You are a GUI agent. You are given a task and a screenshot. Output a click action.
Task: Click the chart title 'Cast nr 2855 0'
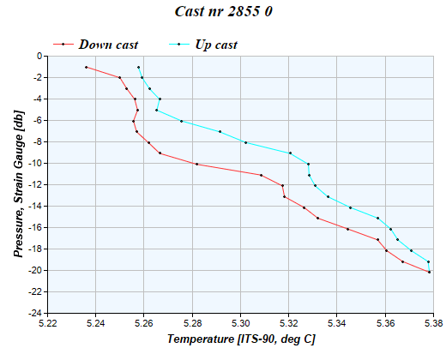[x=223, y=12]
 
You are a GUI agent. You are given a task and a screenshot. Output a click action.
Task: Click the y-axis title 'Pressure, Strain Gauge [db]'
[x=18, y=184]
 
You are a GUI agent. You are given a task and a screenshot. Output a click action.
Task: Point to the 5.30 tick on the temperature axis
[x=241, y=323]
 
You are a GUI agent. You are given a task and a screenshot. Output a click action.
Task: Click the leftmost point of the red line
[x=86, y=67]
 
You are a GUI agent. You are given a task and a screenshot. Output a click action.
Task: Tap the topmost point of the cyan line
[x=138, y=67]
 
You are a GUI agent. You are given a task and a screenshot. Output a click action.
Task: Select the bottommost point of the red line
[x=429, y=272]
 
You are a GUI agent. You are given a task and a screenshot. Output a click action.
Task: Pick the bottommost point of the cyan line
[x=428, y=261]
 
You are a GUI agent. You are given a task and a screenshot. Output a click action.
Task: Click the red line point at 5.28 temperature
[x=196, y=164]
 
